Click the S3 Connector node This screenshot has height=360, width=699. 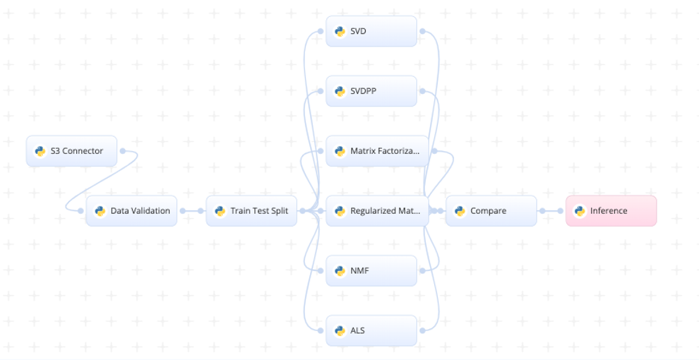point(71,151)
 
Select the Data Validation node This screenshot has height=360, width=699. point(131,211)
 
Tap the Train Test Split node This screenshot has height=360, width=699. point(251,211)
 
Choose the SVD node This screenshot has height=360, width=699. point(371,31)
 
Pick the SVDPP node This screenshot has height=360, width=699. point(371,91)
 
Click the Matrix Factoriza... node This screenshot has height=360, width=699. point(377,151)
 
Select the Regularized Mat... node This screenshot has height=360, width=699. point(377,211)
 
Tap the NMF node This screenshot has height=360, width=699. point(371,270)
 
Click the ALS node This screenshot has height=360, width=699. point(371,330)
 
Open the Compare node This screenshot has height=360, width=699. point(491,211)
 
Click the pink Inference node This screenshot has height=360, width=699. point(611,211)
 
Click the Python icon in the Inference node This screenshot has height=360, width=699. point(580,211)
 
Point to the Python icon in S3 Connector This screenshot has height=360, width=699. point(40,151)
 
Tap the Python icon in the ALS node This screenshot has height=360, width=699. point(340,330)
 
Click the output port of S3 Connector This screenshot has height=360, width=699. point(123,151)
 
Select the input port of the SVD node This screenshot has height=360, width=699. point(321,31)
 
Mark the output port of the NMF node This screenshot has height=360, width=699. point(423,270)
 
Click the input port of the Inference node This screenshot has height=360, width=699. point(561,211)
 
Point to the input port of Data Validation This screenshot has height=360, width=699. point(80,211)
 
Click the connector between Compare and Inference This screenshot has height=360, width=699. point(551,211)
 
